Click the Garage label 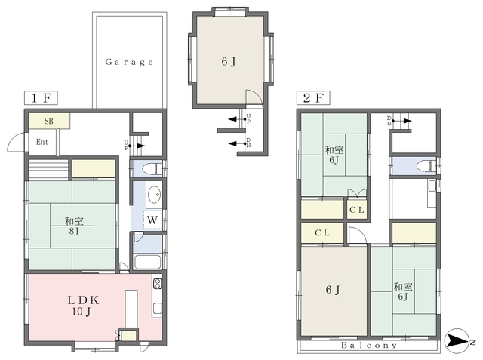click(x=129, y=62)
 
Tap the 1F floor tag click(x=41, y=98)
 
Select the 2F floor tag click(x=313, y=98)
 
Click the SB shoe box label click(x=48, y=121)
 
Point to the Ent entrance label click(x=42, y=142)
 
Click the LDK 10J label click(x=82, y=306)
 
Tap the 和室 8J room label click(x=74, y=226)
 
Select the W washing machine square click(x=152, y=220)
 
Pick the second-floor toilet click(x=426, y=166)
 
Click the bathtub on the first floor click(x=148, y=263)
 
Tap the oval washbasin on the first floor click(x=154, y=195)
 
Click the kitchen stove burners click(x=157, y=284)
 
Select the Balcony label click(x=369, y=345)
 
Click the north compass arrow click(x=457, y=341)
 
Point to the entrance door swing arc click(x=15, y=141)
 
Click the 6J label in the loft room click(x=229, y=62)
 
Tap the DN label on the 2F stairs click(x=389, y=121)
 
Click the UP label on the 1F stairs click(x=126, y=145)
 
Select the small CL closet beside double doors click(x=357, y=210)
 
